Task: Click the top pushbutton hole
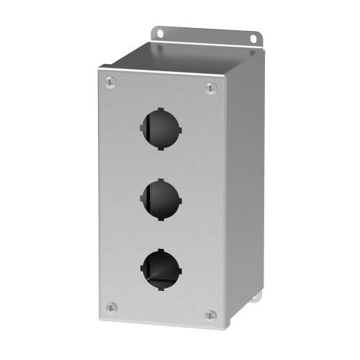159,127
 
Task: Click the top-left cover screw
109,82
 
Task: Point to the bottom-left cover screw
110,307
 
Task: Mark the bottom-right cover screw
210,315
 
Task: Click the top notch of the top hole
160,109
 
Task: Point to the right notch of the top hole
179,130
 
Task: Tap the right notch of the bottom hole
179,269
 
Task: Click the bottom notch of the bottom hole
159,287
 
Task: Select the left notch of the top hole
139,127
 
